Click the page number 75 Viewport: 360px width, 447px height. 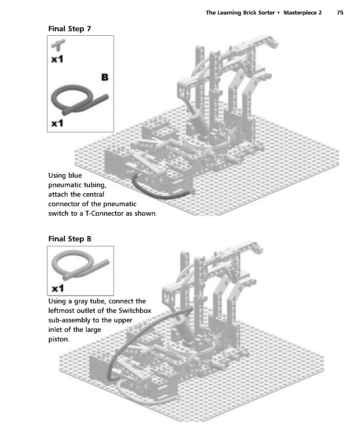(340, 12)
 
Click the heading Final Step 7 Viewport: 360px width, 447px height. (69, 29)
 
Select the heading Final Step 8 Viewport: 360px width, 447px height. (70, 239)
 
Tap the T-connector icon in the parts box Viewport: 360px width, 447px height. (58, 45)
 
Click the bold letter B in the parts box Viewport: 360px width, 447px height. (105, 77)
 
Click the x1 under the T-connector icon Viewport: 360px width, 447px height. (57, 59)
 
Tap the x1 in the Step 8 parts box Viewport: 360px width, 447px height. (58, 288)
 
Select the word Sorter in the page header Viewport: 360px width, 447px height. (267, 12)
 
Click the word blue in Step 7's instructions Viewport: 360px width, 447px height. (75, 175)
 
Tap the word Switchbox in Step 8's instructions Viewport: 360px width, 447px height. (135, 311)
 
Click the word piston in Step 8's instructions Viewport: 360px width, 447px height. (59, 340)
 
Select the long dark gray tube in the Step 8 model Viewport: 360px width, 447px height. (134, 334)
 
